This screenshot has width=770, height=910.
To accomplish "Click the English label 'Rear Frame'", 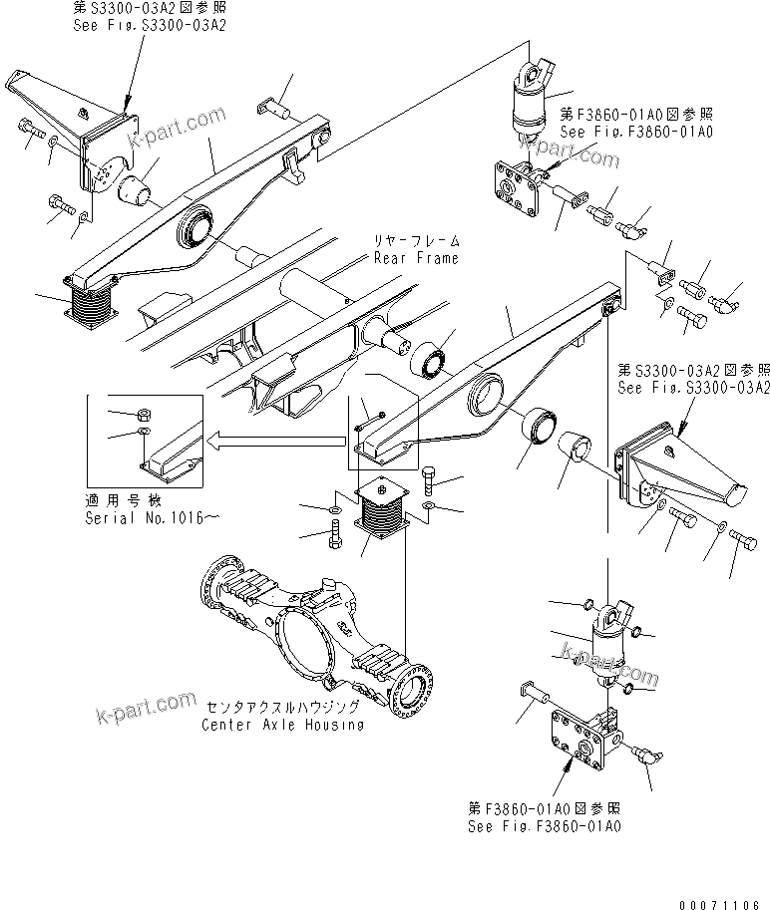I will pyautogui.click(x=416, y=258).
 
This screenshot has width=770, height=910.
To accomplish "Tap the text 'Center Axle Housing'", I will pyautogui.click(x=282, y=725).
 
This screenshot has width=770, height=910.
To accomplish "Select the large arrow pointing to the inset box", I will pyautogui.click(x=274, y=436).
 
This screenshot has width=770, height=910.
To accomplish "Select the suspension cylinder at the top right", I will pyautogui.click(x=526, y=103).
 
